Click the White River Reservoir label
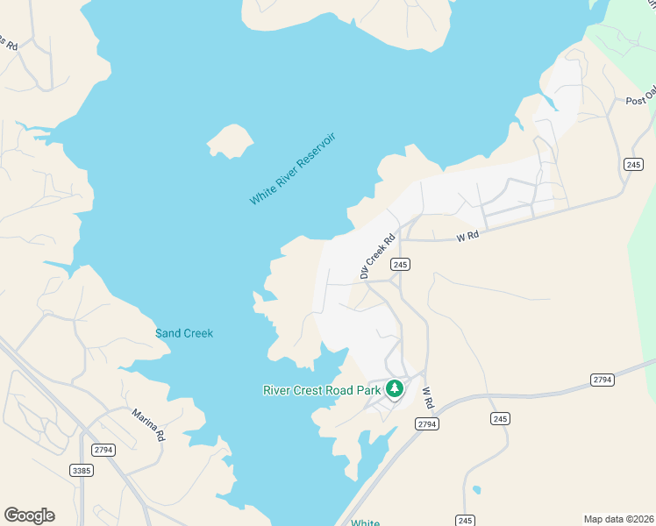point(292,169)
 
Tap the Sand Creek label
point(184,333)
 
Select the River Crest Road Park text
point(322,389)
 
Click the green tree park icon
point(395,387)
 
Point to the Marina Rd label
point(149,424)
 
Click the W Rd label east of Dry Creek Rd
point(467,237)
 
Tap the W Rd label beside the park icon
point(428,397)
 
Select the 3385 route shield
point(82,471)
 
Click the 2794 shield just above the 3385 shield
point(103,450)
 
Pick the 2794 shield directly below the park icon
point(426,424)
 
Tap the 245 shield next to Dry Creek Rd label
point(401,264)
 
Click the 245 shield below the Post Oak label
point(634,165)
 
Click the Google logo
point(29,515)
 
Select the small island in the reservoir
point(230,140)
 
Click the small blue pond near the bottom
point(475,489)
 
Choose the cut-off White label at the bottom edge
point(366,522)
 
